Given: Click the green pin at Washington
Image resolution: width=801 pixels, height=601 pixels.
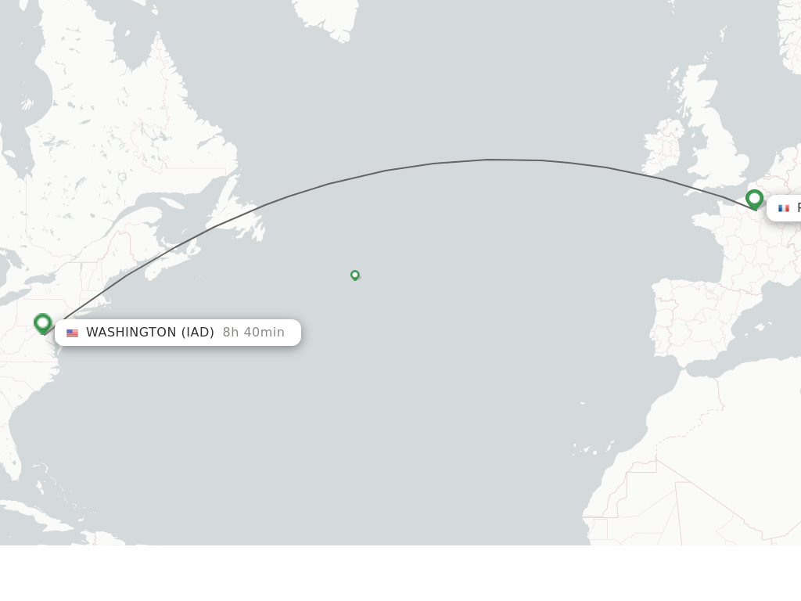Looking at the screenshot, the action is pyautogui.click(x=43, y=322).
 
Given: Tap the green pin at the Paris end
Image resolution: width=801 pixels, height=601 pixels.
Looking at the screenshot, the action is pyautogui.click(x=754, y=199).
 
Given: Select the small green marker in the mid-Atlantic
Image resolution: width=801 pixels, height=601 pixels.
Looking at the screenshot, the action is pyautogui.click(x=355, y=275).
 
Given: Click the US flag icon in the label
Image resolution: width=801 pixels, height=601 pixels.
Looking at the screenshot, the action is pyautogui.click(x=72, y=333).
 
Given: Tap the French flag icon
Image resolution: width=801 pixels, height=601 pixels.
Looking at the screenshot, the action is pyautogui.click(x=784, y=208).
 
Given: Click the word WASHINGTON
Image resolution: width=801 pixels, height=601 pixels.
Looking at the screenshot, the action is pyautogui.click(x=131, y=333).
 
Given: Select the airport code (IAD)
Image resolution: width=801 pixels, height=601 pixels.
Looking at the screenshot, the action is pyautogui.click(x=198, y=333).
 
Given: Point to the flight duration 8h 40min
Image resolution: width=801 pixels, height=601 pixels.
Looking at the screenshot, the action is pyautogui.click(x=253, y=333).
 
